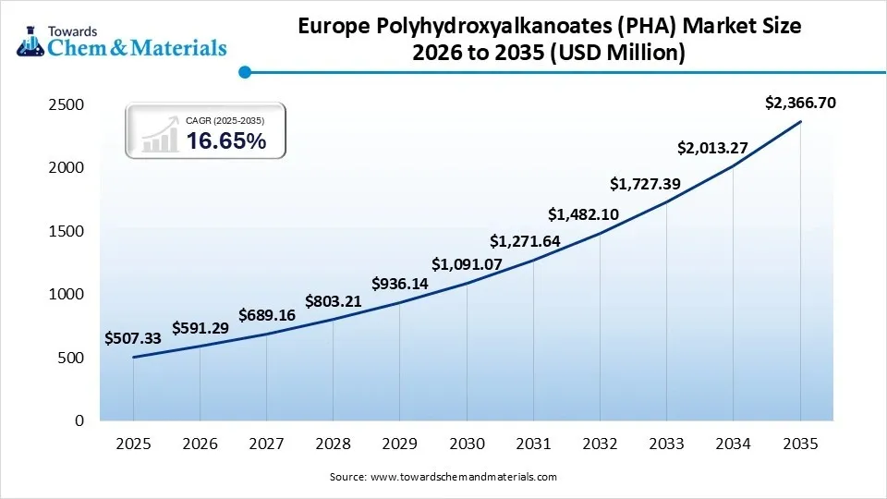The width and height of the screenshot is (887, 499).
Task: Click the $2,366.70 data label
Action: click(800, 103)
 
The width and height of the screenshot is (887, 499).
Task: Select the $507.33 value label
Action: click(133, 338)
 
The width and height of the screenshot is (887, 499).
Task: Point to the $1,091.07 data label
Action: click(467, 262)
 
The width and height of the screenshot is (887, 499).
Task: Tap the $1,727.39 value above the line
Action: click(646, 184)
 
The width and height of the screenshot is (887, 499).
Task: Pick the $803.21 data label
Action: click(334, 301)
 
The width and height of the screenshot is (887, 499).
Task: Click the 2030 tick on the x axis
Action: click(467, 444)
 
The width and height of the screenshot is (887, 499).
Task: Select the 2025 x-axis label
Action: click(133, 444)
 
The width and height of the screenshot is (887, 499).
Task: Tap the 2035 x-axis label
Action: click(800, 444)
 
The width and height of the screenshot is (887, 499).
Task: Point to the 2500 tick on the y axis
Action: click(67, 105)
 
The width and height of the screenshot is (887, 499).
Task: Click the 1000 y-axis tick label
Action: click(67, 295)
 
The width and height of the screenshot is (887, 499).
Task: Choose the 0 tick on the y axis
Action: click(79, 420)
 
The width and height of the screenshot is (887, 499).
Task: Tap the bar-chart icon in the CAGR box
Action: click(160, 136)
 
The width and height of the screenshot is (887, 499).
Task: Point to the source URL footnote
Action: click(443, 477)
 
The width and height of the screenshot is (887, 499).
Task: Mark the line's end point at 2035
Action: click(800, 121)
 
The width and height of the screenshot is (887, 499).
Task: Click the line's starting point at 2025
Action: click(133, 357)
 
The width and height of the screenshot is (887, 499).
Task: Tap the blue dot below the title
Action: click(244, 71)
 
